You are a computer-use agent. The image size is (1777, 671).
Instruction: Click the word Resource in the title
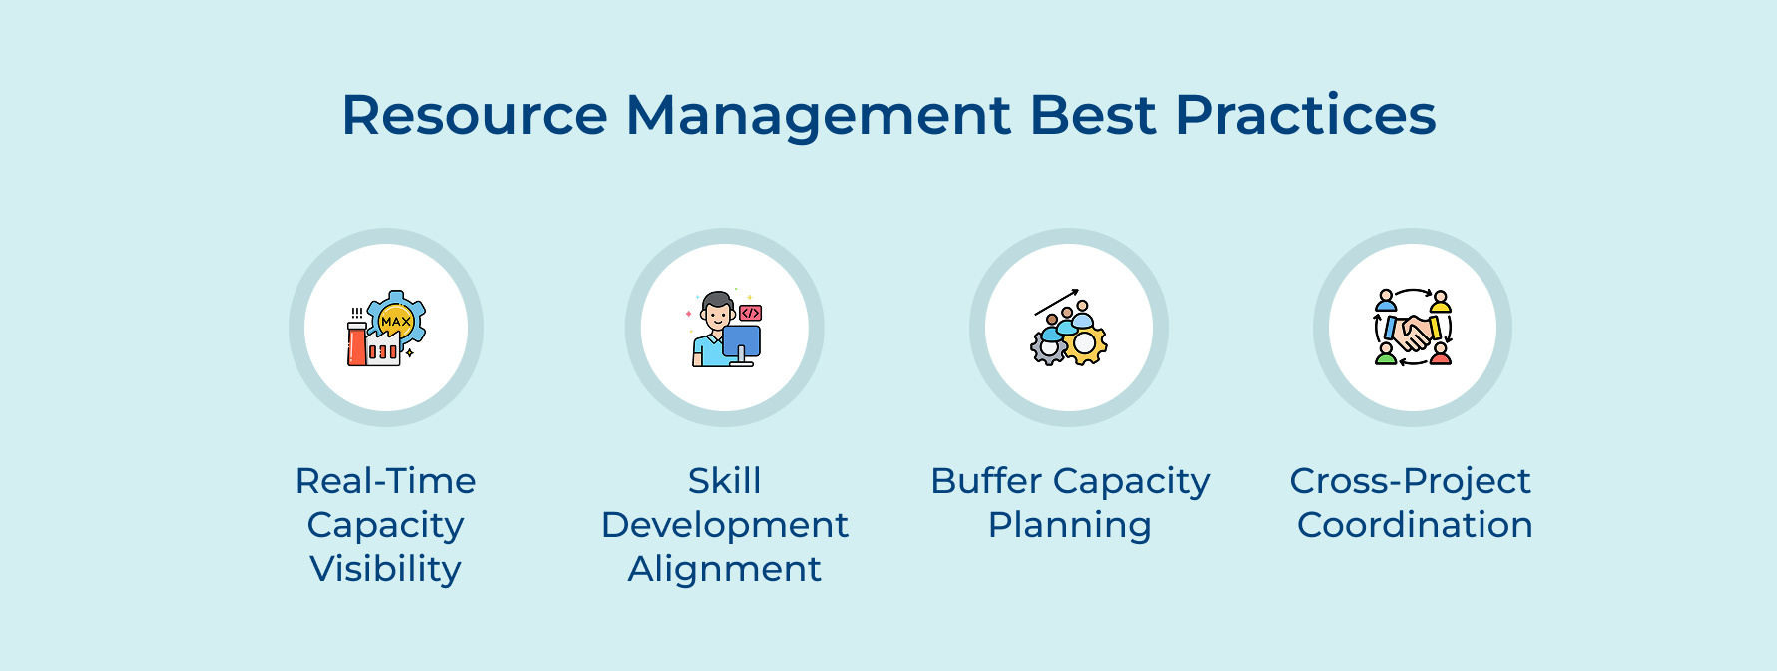tap(474, 115)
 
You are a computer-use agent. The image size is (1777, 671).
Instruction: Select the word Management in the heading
tap(818, 115)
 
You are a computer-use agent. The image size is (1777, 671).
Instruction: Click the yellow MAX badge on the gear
tap(396, 321)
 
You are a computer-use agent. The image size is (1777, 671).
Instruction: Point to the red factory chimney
tap(356, 344)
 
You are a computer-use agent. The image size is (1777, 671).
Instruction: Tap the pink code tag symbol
tap(751, 313)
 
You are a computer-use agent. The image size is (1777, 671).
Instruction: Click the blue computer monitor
tap(742, 341)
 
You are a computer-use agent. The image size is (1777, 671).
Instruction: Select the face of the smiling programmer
tap(717, 314)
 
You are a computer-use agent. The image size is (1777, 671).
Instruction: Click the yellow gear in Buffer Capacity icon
tap(1085, 345)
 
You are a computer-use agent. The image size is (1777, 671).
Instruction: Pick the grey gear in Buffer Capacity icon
tap(1047, 348)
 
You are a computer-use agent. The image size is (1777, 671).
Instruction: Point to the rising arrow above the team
tap(1057, 302)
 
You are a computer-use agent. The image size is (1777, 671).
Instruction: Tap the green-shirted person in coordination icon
tap(1386, 354)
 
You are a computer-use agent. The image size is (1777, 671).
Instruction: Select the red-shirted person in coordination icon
tap(1440, 354)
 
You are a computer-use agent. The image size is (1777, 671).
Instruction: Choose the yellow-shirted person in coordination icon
tap(1440, 302)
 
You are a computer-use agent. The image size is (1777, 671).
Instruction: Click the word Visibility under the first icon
tap(385, 569)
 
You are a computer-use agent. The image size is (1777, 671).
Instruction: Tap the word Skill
tap(724, 481)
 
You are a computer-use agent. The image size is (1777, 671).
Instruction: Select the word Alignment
tap(724, 569)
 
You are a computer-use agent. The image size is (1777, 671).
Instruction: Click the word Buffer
tap(986, 481)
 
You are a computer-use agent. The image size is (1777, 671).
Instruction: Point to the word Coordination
tap(1414, 525)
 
